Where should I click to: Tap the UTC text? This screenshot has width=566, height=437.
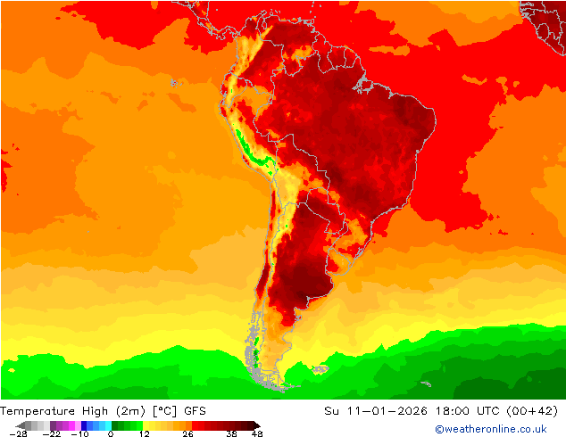[487, 411]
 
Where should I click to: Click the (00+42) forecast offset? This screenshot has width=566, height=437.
[534, 411]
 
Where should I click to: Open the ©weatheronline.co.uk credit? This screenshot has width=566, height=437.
[490, 429]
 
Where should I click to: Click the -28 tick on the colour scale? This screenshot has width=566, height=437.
[18, 433]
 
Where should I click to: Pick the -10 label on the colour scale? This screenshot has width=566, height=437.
[79, 433]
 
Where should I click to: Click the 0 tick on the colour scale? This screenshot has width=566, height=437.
[111, 433]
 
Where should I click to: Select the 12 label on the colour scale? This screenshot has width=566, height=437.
[144, 433]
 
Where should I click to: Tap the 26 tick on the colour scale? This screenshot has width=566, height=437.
[187, 433]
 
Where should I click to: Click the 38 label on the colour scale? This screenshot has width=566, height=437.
[231, 433]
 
